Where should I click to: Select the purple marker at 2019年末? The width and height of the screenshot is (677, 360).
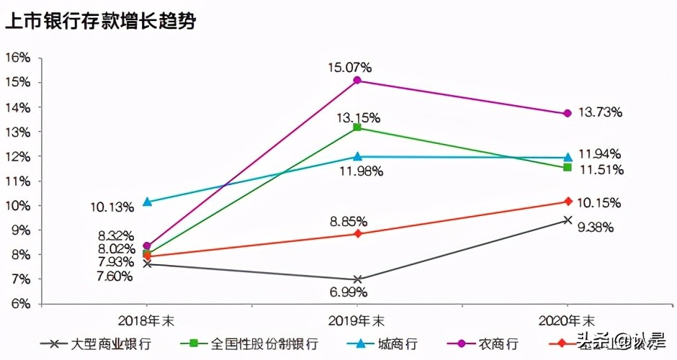point(358,81)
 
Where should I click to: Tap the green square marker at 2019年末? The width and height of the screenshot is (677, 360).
point(358,128)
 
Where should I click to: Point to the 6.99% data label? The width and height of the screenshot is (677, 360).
point(349,292)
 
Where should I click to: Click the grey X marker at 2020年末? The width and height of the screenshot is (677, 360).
point(568,220)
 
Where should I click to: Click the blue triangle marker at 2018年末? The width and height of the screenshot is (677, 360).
point(147,202)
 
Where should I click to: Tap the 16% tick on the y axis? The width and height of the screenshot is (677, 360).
point(19,57)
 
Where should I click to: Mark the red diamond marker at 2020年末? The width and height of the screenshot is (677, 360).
point(568,201)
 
